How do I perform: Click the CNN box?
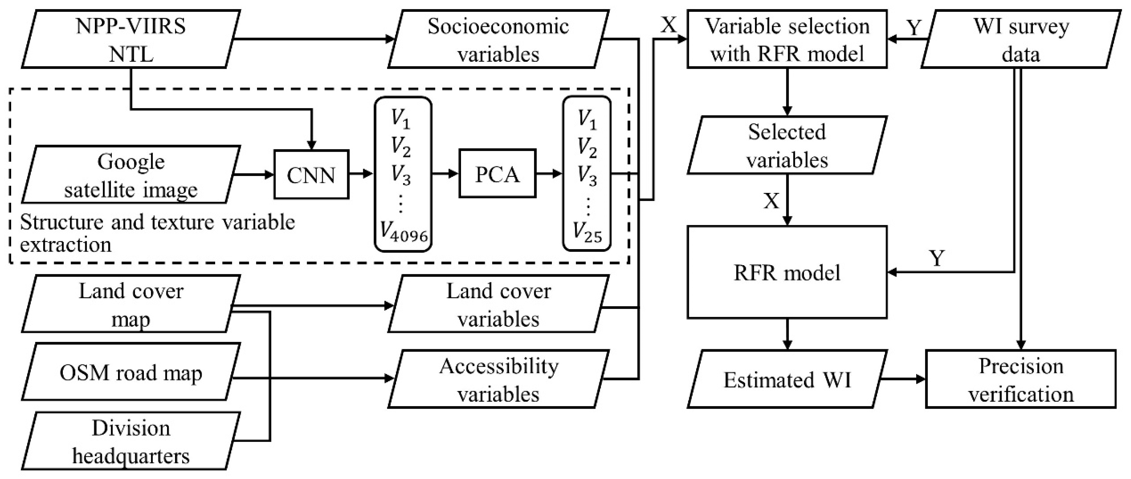311,175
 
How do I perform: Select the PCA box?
497,174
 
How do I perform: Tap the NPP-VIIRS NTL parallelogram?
130,40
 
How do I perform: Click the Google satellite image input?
130,175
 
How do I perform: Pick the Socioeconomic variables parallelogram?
498,40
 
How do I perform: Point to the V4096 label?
403,231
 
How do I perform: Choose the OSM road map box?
130,373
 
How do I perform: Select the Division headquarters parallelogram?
130,441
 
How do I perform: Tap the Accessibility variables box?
498,379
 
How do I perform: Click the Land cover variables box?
498,304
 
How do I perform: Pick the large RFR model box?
787,272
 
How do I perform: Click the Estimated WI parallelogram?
787,379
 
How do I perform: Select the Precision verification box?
1020,379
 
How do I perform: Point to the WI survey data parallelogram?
1020,40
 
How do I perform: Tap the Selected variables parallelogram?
787,145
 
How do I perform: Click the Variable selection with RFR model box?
787,40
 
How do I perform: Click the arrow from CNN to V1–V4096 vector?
361,174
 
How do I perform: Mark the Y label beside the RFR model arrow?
937,258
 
